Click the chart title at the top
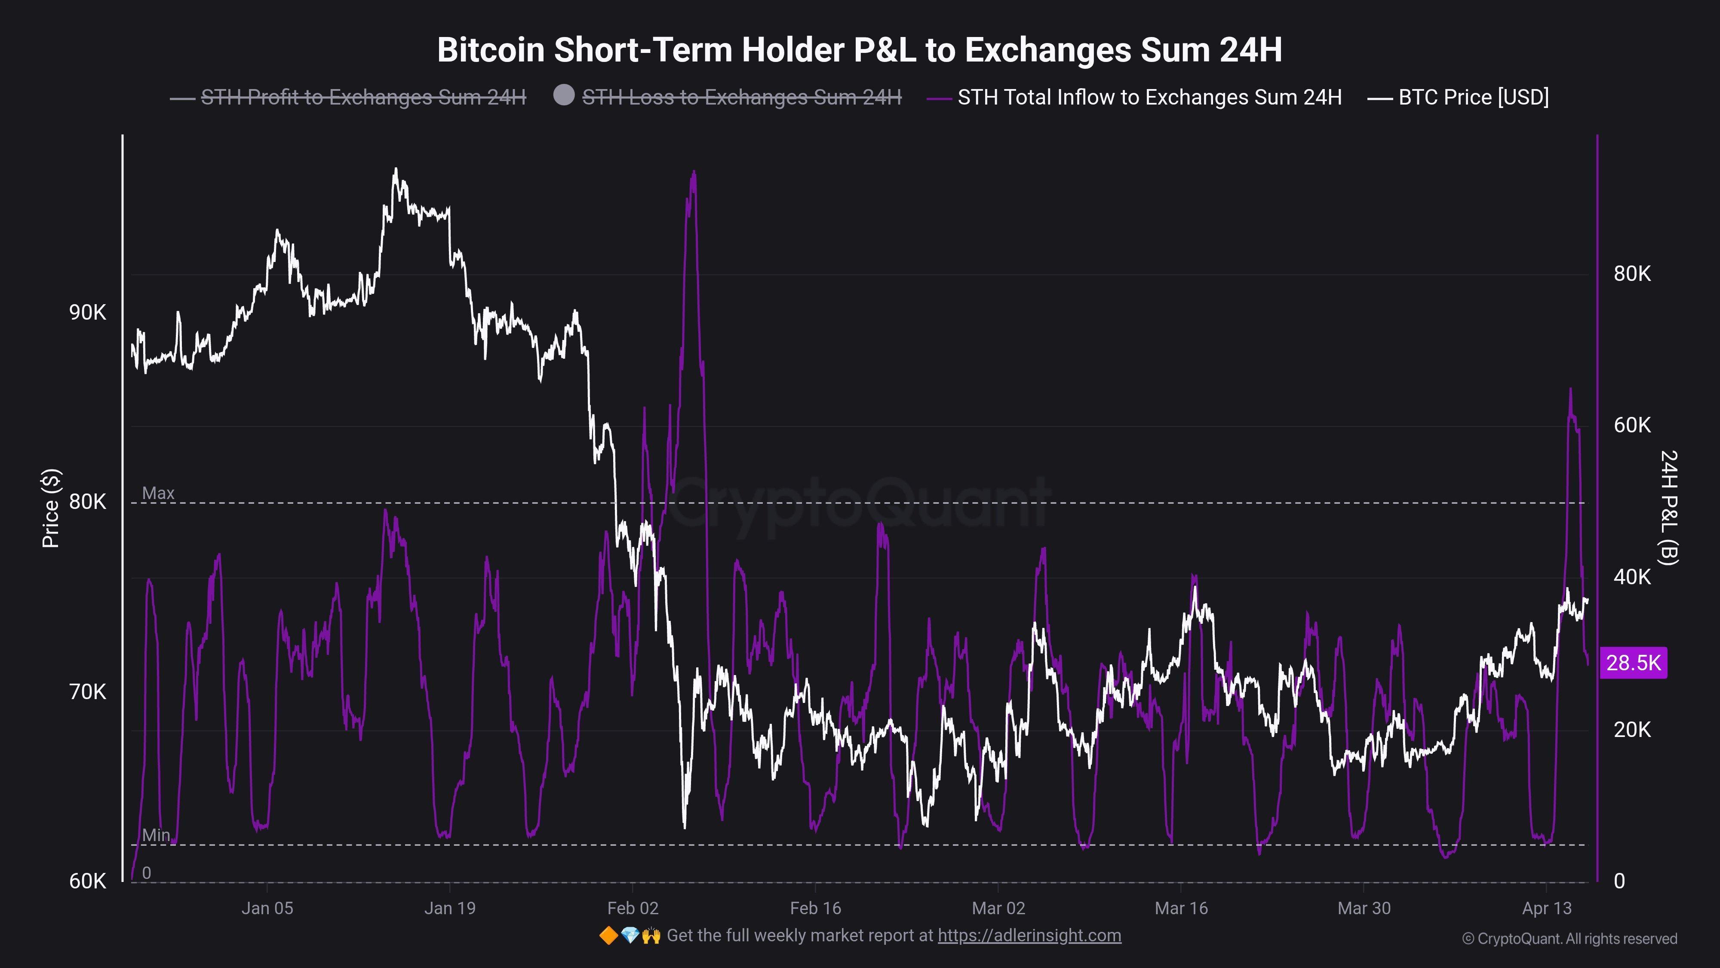(x=859, y=50)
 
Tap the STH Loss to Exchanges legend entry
(x=741, y=98)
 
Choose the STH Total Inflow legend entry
(x=1149, y=98)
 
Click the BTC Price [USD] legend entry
(x=1473, y=98)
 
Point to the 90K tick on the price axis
(x=87, y=313)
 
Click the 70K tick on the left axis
(x=87, y=692)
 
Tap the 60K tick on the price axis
(x=87, y=881)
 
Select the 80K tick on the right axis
(x=1632, y=274)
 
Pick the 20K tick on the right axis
(x=1632, y=730)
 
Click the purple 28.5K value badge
(x=1633, y=663)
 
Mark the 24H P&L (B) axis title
(x=1668, y=508)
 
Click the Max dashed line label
(x=158, y=493)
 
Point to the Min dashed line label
(x=156, y=835)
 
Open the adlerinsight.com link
(x=1029, y=935)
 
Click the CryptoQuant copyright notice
(x=1569, y=939)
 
